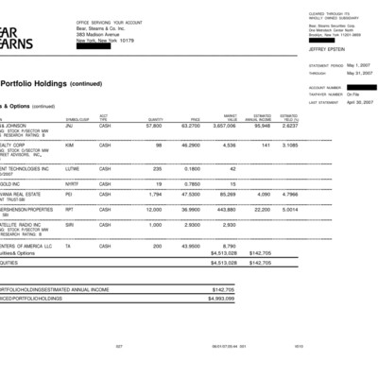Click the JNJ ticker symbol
(69, 126)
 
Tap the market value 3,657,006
(223, 126)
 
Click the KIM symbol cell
(69, 145)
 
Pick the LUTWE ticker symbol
(71, 168)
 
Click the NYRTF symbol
(71, 184)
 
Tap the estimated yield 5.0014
(289, 210)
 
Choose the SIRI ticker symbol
(70, 225)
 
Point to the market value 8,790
(228, 246)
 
